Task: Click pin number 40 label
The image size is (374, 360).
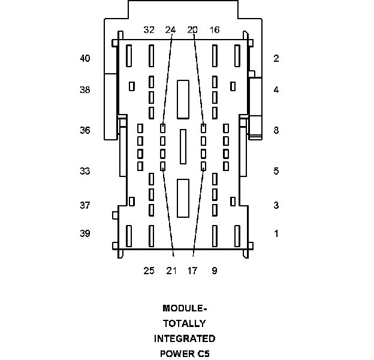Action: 85,58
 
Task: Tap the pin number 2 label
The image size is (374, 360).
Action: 276,58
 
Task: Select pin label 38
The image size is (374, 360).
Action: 85,90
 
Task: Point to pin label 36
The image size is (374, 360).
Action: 85,130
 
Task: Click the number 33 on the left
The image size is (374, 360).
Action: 85,171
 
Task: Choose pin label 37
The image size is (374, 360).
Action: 85,205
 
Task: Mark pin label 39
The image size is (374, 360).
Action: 85,233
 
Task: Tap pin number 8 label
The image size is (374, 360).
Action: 276,130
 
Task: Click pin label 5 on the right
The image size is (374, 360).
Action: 276,171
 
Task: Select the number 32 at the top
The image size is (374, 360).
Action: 149,29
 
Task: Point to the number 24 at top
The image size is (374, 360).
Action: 170,29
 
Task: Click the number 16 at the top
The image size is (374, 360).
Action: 215,29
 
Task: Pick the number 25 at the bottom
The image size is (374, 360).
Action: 149,271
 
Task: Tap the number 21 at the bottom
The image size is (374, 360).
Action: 171,271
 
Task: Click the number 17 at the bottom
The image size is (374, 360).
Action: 192,271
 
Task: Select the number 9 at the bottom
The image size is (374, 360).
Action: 215,271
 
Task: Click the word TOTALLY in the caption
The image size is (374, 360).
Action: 184,323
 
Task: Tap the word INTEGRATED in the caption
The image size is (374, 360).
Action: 184,338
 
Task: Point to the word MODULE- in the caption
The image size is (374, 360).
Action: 184,308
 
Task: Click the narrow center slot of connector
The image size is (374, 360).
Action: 183,146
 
